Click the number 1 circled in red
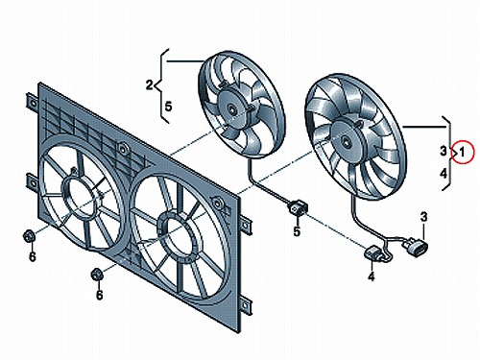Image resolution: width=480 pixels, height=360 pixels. coord(462,153)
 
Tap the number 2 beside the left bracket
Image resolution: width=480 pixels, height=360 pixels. coord(150,85)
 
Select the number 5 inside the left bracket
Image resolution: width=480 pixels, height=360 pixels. coord(168,107)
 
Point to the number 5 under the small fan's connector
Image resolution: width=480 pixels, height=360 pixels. coord(297,231)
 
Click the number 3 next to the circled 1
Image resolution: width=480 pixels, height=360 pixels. coord(444,151)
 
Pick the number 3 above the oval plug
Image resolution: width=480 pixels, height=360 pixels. coord(423,217)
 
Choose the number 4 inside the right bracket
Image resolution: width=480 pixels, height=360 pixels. coord(444,174)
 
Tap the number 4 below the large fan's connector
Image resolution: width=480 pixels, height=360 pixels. coord(372,276)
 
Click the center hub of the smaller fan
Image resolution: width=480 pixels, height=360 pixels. coord(231,108)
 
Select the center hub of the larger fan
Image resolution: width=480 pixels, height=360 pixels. coord(347,141)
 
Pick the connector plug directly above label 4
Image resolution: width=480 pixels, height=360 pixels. coord(373,254)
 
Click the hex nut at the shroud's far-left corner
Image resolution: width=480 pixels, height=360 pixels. coord(27,236)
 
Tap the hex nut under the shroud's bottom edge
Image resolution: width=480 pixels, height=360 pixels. coord(96,274)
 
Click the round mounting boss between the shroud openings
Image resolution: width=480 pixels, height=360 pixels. coord(122,148)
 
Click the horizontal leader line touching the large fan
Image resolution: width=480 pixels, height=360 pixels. coord(424,128)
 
